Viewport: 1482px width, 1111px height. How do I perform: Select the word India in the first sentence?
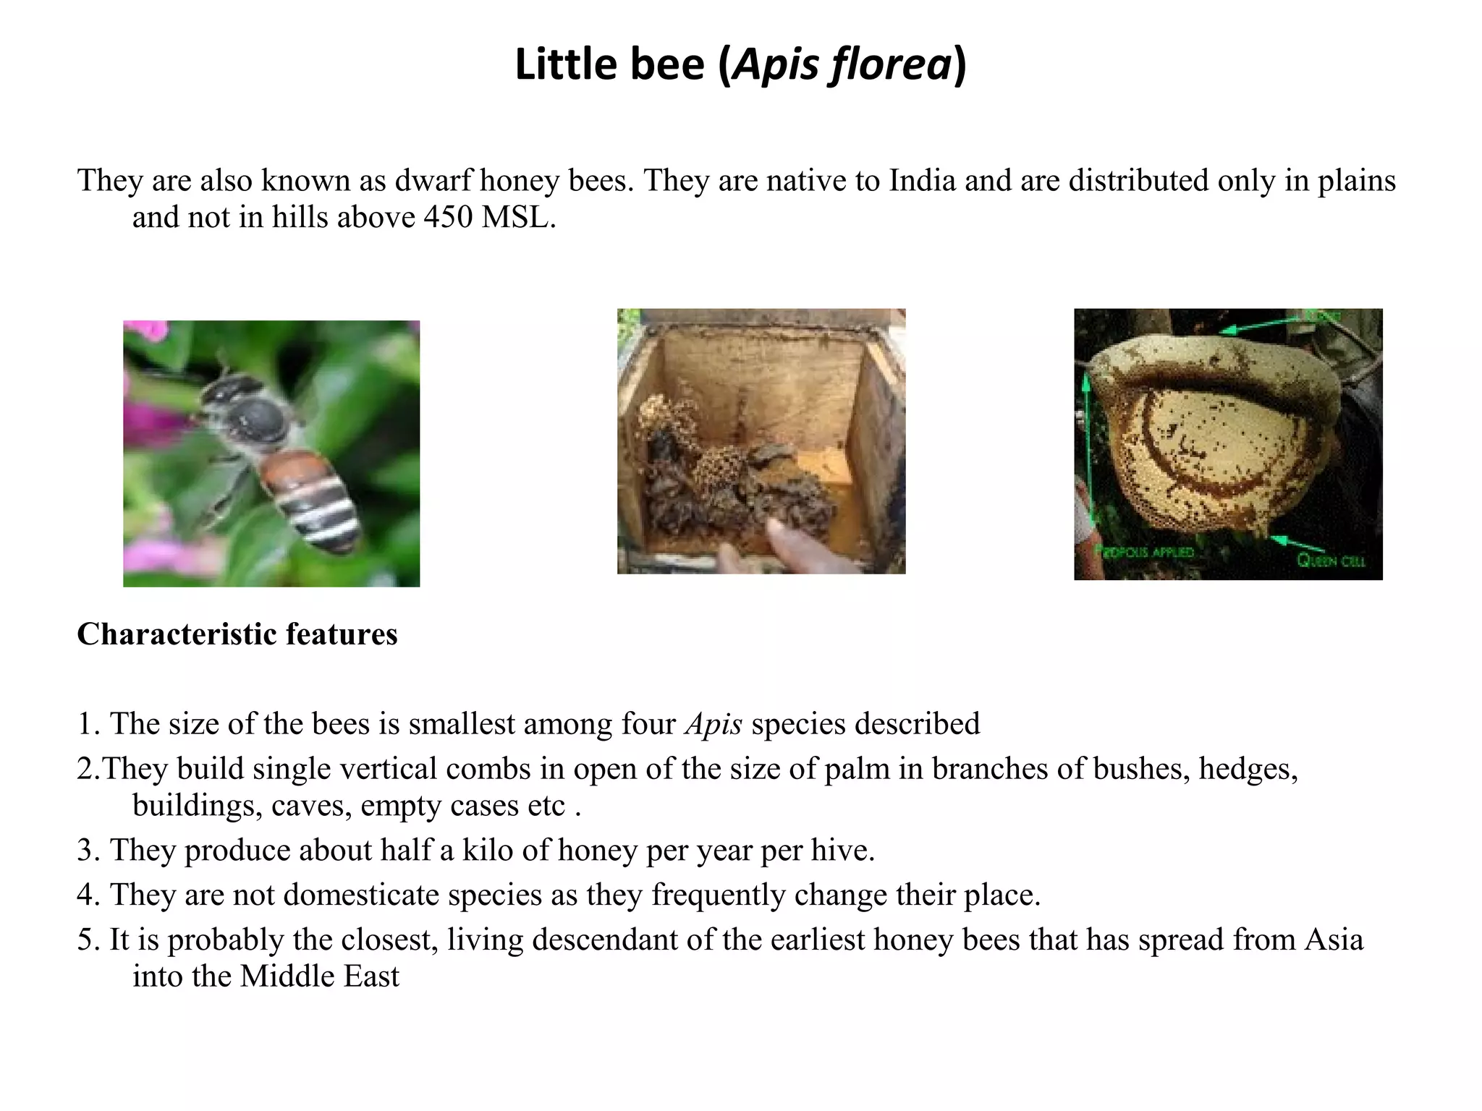[923, 181]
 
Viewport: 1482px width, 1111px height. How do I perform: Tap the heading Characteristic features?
[237, 634]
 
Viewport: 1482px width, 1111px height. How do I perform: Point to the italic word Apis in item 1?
[714, 724]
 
